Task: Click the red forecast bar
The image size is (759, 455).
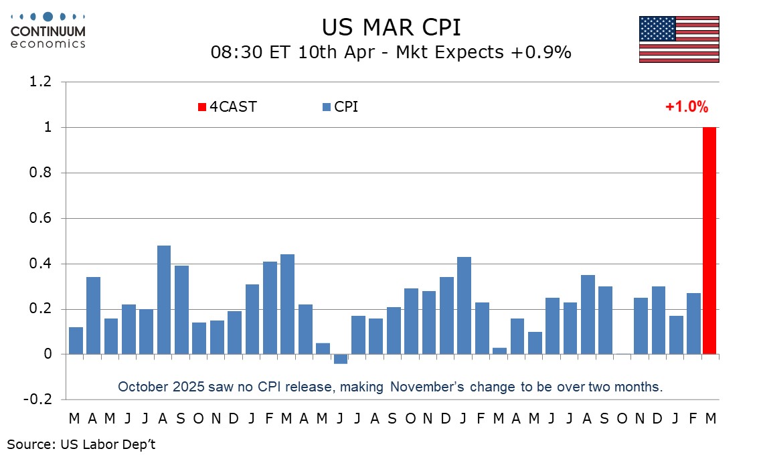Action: [x=709, y=241]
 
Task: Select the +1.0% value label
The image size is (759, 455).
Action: [x=686, y=106]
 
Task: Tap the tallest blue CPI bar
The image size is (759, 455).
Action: [x=164, y=300]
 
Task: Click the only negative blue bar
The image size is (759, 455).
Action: [x=341, y=359]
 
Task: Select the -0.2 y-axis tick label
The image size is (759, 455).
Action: [x=39, y=399]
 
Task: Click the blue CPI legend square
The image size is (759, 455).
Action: [x=327, y=107]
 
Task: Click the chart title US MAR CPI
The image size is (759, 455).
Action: [x=392, y=27]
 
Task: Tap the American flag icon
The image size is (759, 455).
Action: [x=679, y=39]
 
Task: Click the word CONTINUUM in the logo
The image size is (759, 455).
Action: [x=48, y=31]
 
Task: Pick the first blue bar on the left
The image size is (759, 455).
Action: [x=76, y=341]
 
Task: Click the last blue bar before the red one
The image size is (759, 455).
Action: [x=693, y=324]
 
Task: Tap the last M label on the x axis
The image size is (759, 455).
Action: [x=711, y=419]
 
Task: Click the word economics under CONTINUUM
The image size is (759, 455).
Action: [x=48, y=43]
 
